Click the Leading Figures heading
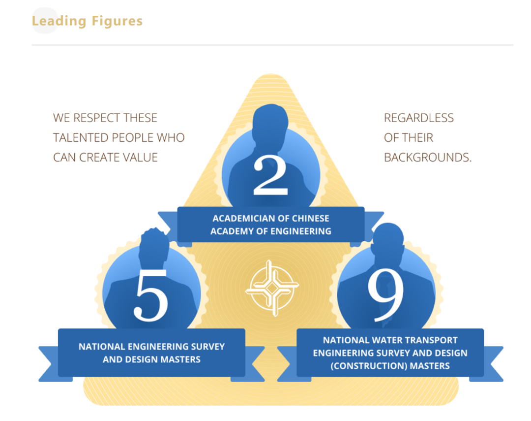coord(87,21)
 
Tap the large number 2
coord(270,176)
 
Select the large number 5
coord(151,295)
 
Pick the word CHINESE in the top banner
coord(311,218)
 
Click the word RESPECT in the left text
coord(97,118)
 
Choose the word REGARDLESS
coord(419,118)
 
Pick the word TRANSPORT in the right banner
coord(434,340)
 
